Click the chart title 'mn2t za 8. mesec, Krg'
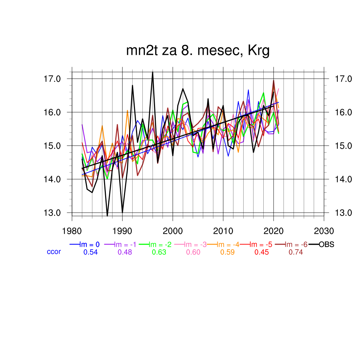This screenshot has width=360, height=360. tap(198, 51)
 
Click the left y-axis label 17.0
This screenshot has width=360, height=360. tap(52, 79)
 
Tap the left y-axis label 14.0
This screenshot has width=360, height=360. tap(52, 179)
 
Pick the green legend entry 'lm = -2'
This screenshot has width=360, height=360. tap(159, 245)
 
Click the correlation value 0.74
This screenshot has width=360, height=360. tap(296, 252)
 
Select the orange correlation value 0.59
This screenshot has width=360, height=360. tap(227, 252)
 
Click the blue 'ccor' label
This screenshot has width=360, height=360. tap(54, 252)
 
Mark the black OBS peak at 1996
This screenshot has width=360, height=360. tap(153, 72)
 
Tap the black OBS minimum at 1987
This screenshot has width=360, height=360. tap(107, 216)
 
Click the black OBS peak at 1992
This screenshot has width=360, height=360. tap(133, 85)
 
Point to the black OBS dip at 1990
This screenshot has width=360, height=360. tap(122, 212)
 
